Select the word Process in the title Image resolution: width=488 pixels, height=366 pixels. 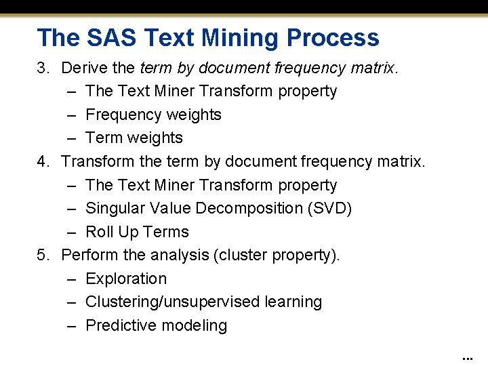click(341, 37)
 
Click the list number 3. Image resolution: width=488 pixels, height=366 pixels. click(43, 68)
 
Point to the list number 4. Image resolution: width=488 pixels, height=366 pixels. click(43, 161)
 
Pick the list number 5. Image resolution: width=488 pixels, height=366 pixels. click(43, 255)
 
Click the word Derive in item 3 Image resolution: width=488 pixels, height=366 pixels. click(83, 68)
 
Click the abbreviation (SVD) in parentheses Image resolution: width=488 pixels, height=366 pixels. click(329, 208)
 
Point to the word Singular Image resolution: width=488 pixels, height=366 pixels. click(115, 208)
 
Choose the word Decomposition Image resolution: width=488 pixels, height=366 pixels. click(245, 208)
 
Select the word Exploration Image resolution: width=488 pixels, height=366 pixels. click(126, 279)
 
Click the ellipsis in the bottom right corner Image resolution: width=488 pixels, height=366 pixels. click(466, 357)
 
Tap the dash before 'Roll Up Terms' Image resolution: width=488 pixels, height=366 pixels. click(72, 232)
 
